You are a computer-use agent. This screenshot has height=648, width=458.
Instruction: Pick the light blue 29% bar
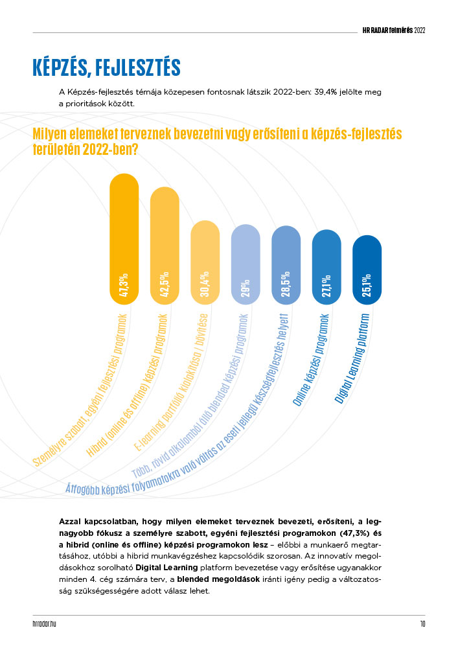[246, 264]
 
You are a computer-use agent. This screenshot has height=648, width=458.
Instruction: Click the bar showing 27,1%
[326, 267]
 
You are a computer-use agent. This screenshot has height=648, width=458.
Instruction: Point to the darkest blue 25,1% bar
[367, 270]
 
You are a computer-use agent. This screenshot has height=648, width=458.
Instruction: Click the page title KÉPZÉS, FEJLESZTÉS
[106, 67]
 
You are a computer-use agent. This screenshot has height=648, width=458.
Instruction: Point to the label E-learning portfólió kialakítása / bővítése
[171, 383]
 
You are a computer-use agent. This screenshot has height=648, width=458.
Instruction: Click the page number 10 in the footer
[422, 624]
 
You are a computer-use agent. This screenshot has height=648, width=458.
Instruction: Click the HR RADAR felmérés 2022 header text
[394, 30]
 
